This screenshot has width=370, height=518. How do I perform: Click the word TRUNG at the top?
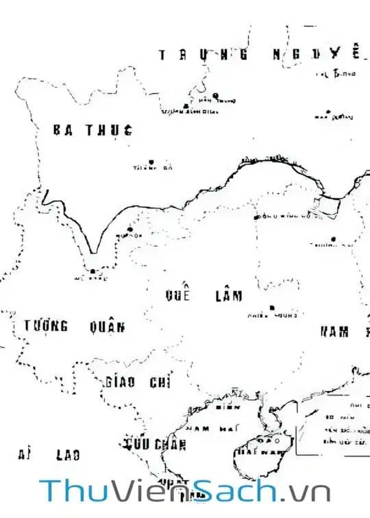[202, 55]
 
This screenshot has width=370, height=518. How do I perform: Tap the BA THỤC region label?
[92, 130]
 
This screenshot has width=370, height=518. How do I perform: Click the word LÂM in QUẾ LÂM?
[229, 296]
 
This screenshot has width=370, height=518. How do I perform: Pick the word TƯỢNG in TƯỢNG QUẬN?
[46, 326]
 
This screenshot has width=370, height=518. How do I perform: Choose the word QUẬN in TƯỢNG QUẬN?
[107, 327]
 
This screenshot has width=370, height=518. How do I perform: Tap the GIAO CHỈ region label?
[139, 382]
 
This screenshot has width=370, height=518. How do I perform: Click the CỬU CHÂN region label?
[156, 445]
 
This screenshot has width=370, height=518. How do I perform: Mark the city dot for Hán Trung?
[215, 95]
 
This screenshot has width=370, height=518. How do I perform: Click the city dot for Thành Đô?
[151, 162]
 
